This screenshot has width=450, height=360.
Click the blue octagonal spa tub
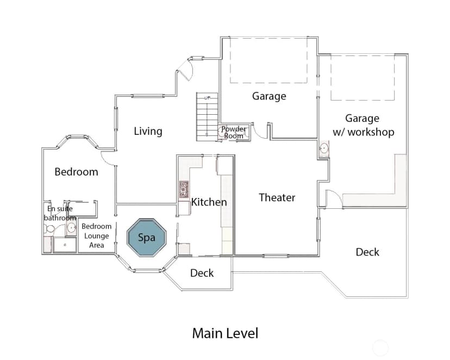tap(147, 238)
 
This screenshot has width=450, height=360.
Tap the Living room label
tap(148, 131)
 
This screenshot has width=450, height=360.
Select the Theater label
tap(277, 197)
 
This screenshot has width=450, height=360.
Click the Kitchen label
tap(209, 202)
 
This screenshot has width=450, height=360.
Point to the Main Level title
tap(226, 333)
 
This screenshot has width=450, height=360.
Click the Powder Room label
tap(234, 132)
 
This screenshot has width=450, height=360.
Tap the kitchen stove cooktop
tap(184, 189)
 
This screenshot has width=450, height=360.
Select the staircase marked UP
tap(207, 116)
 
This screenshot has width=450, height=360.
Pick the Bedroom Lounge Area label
tap(96, 235)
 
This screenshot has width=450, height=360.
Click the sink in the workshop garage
tap(324, 148)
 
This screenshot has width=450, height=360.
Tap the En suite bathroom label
tap(60, 213)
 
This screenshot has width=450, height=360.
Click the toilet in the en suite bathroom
tap(49, 229)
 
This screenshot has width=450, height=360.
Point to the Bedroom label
tap(76, 172)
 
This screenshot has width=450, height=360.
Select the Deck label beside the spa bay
tap(202, 273)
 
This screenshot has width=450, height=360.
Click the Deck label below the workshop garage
tap(367, 252)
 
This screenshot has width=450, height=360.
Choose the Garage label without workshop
tap(269, 96)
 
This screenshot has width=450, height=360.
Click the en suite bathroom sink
tap(71, 228)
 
